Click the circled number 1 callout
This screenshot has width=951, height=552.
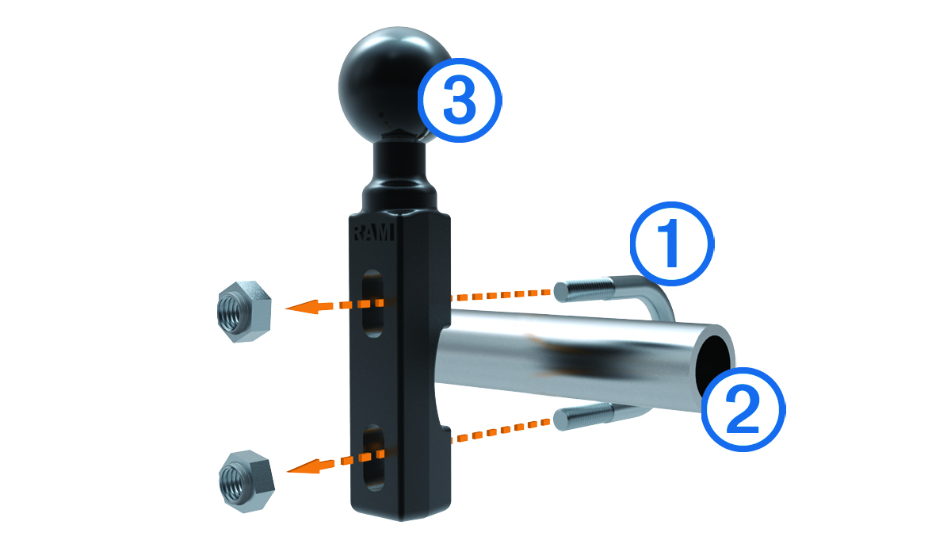672,243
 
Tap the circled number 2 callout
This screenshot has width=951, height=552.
743,409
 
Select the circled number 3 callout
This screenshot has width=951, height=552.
460,100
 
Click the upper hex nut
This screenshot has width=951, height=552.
244,312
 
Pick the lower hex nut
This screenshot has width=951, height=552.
246,481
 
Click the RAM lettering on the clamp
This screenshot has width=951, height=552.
373,232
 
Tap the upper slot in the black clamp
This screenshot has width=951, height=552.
373,304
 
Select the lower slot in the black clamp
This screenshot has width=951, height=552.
373,458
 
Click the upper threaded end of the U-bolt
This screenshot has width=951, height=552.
584,289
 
